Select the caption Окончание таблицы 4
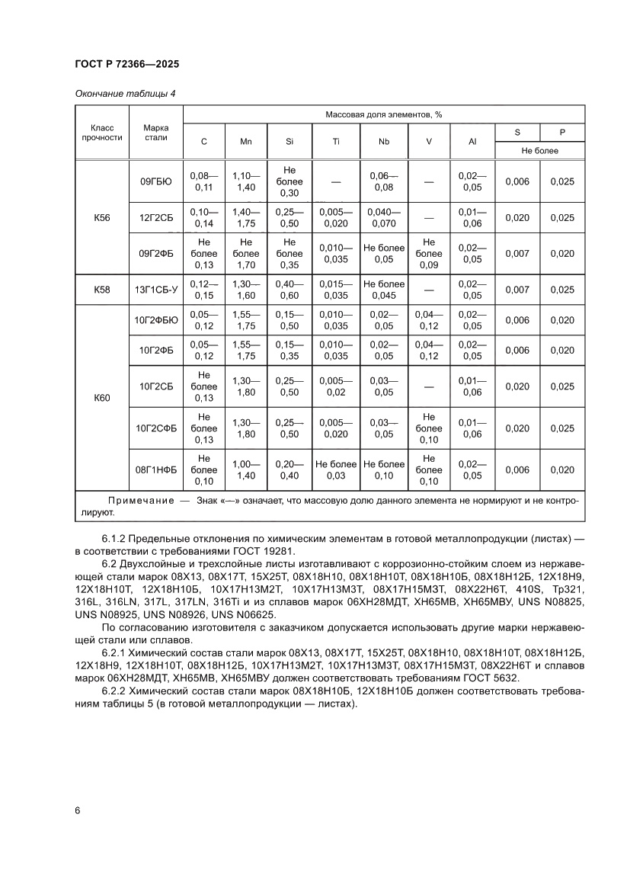(125, 94)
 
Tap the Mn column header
(245, 142)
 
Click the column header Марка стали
(156, 133)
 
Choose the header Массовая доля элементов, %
(384, 114)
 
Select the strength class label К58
(102, 290)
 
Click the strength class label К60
(102, 397)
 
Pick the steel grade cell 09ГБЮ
(156, 181)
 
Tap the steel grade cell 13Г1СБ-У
(156, 290)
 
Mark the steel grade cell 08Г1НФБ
(156, 470)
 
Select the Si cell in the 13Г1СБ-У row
(289, 290)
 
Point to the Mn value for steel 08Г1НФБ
(245, 470)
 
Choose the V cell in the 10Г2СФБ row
(430, 428)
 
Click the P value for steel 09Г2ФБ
(561, 254)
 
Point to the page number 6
(78, 810)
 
